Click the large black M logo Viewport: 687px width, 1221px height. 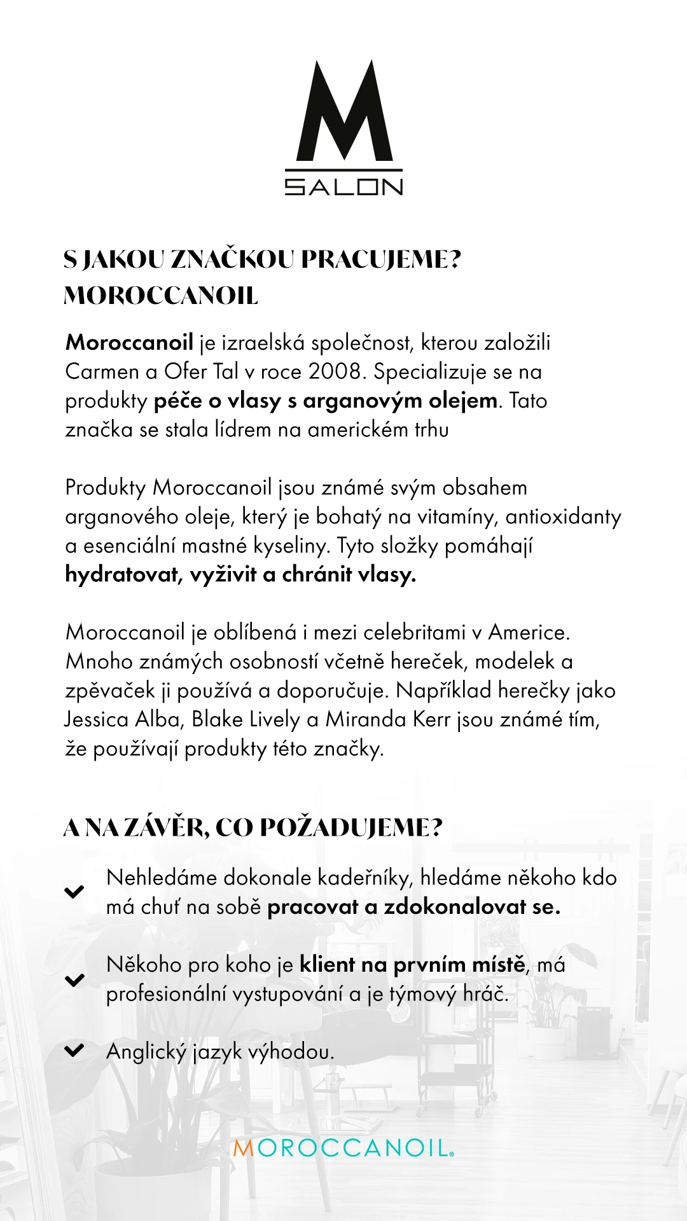(344, 111)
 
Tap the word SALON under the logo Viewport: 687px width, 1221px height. (343, 186)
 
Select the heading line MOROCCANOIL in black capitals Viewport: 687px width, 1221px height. (161, 296)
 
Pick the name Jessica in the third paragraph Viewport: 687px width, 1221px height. (97, 719)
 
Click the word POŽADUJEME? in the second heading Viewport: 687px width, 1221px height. (351, 827)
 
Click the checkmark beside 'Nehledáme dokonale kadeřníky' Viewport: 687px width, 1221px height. (74, 892)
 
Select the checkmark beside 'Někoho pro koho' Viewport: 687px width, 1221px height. (74, 979)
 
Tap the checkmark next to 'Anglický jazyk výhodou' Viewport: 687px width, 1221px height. (74, 1050)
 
